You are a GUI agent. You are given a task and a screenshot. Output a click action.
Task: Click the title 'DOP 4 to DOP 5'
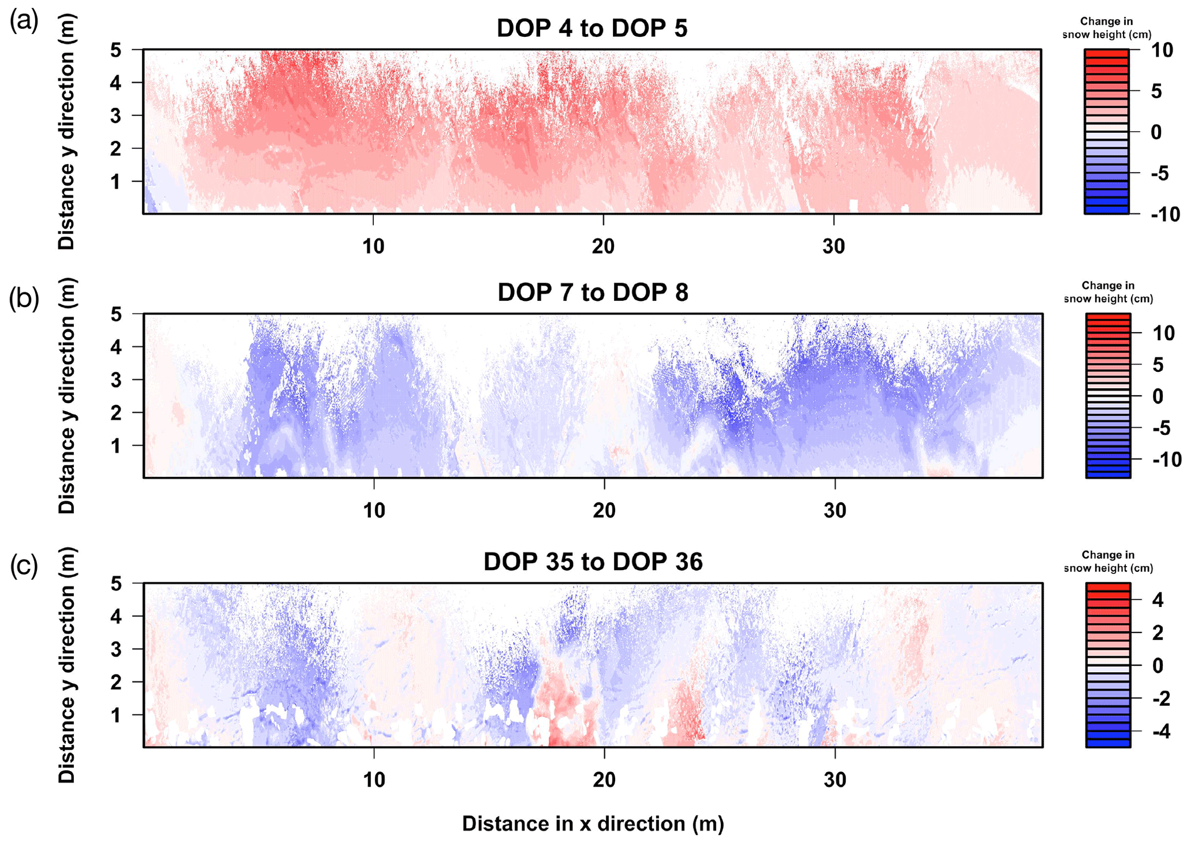[592, 28]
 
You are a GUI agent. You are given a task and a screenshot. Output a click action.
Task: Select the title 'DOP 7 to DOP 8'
[593, 292]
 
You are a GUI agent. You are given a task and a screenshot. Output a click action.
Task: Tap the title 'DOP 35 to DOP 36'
[593, 561]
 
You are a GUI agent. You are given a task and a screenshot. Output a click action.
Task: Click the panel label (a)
[24, 22]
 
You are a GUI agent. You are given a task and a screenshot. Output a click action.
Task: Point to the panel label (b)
[24, 299]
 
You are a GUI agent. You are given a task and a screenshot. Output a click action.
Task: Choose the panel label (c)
[24, 567]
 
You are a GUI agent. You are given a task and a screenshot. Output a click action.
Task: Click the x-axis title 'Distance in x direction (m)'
[593, 824]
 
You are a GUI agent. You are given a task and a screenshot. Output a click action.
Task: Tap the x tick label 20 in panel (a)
[603, 247]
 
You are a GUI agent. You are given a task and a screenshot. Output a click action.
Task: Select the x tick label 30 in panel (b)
[835, 511]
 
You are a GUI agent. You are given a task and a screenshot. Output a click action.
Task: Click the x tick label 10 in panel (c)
[374, 780]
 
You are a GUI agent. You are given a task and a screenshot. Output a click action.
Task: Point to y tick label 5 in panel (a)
[116, 50]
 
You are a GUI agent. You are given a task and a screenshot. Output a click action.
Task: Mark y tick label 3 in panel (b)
[116, 380]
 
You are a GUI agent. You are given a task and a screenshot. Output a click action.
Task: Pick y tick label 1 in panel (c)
[116, 716]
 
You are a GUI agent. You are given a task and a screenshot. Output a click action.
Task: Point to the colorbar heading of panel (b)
[1108, 292]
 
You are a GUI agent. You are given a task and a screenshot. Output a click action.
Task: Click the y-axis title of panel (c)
[67, 665]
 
